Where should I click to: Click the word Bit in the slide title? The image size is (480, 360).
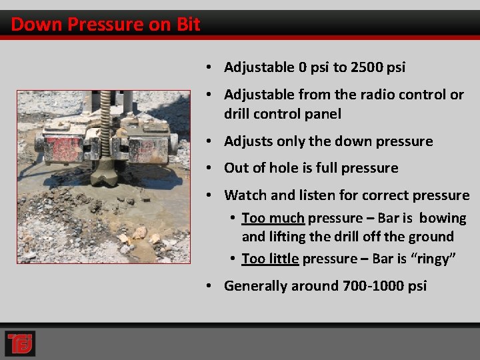click(x=188, y=25)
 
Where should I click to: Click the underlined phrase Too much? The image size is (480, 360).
click(x=273, y=218)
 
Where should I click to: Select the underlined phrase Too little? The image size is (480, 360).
click(x=270, y=259)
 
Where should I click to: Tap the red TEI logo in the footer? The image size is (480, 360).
click(x=19, y=343)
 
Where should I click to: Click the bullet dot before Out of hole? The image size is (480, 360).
click(x=209, y=168)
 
